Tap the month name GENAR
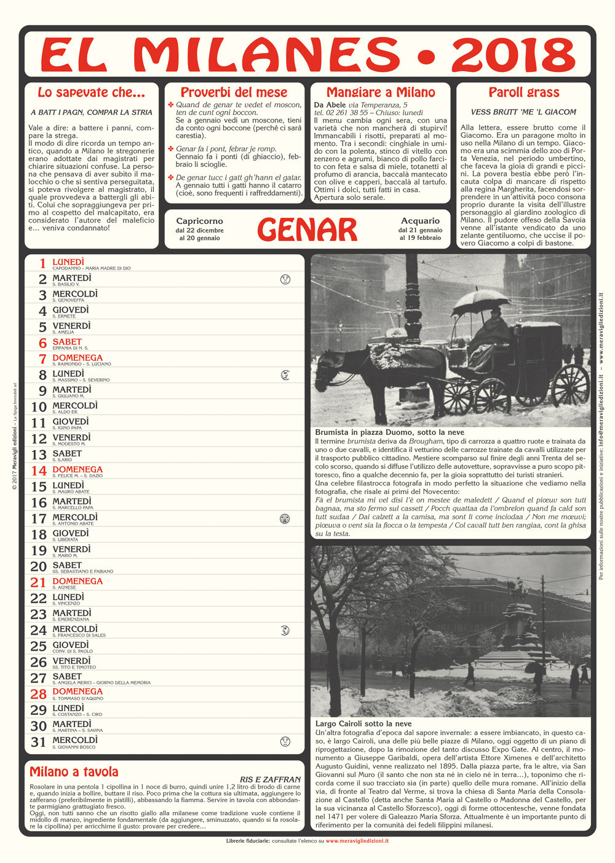(307, 230)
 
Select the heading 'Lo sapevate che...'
(91, 92)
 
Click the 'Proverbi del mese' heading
(234, 92)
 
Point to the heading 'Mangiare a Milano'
(381, 92)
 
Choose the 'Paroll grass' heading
(524, 92)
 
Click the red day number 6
(42, 343)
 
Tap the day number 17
(39, 519)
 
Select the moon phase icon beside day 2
(285, 279)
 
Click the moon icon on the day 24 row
(285, 630)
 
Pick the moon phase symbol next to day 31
(285, 741)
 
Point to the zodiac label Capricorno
(199, 221)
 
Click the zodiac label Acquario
(420, 221)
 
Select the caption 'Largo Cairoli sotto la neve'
(363, 724)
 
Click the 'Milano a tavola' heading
(74, 772)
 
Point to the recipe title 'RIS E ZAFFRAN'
(270, 779)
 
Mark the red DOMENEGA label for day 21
(77, 581)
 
